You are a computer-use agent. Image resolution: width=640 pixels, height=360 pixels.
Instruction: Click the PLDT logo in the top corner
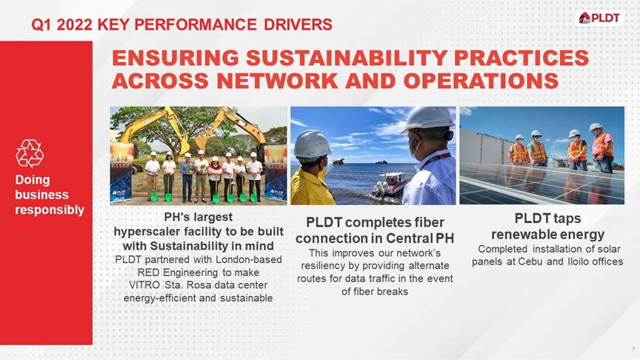click(599, 18)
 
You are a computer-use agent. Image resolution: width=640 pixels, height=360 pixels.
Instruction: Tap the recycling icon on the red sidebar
click(30, 153)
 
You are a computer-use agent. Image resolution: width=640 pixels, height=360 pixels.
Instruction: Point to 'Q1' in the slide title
click(43, 24)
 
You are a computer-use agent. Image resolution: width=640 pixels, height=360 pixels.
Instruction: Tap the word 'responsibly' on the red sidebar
click(50, 210)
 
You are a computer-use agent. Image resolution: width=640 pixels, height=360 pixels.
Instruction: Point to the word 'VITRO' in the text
click(145, 284)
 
